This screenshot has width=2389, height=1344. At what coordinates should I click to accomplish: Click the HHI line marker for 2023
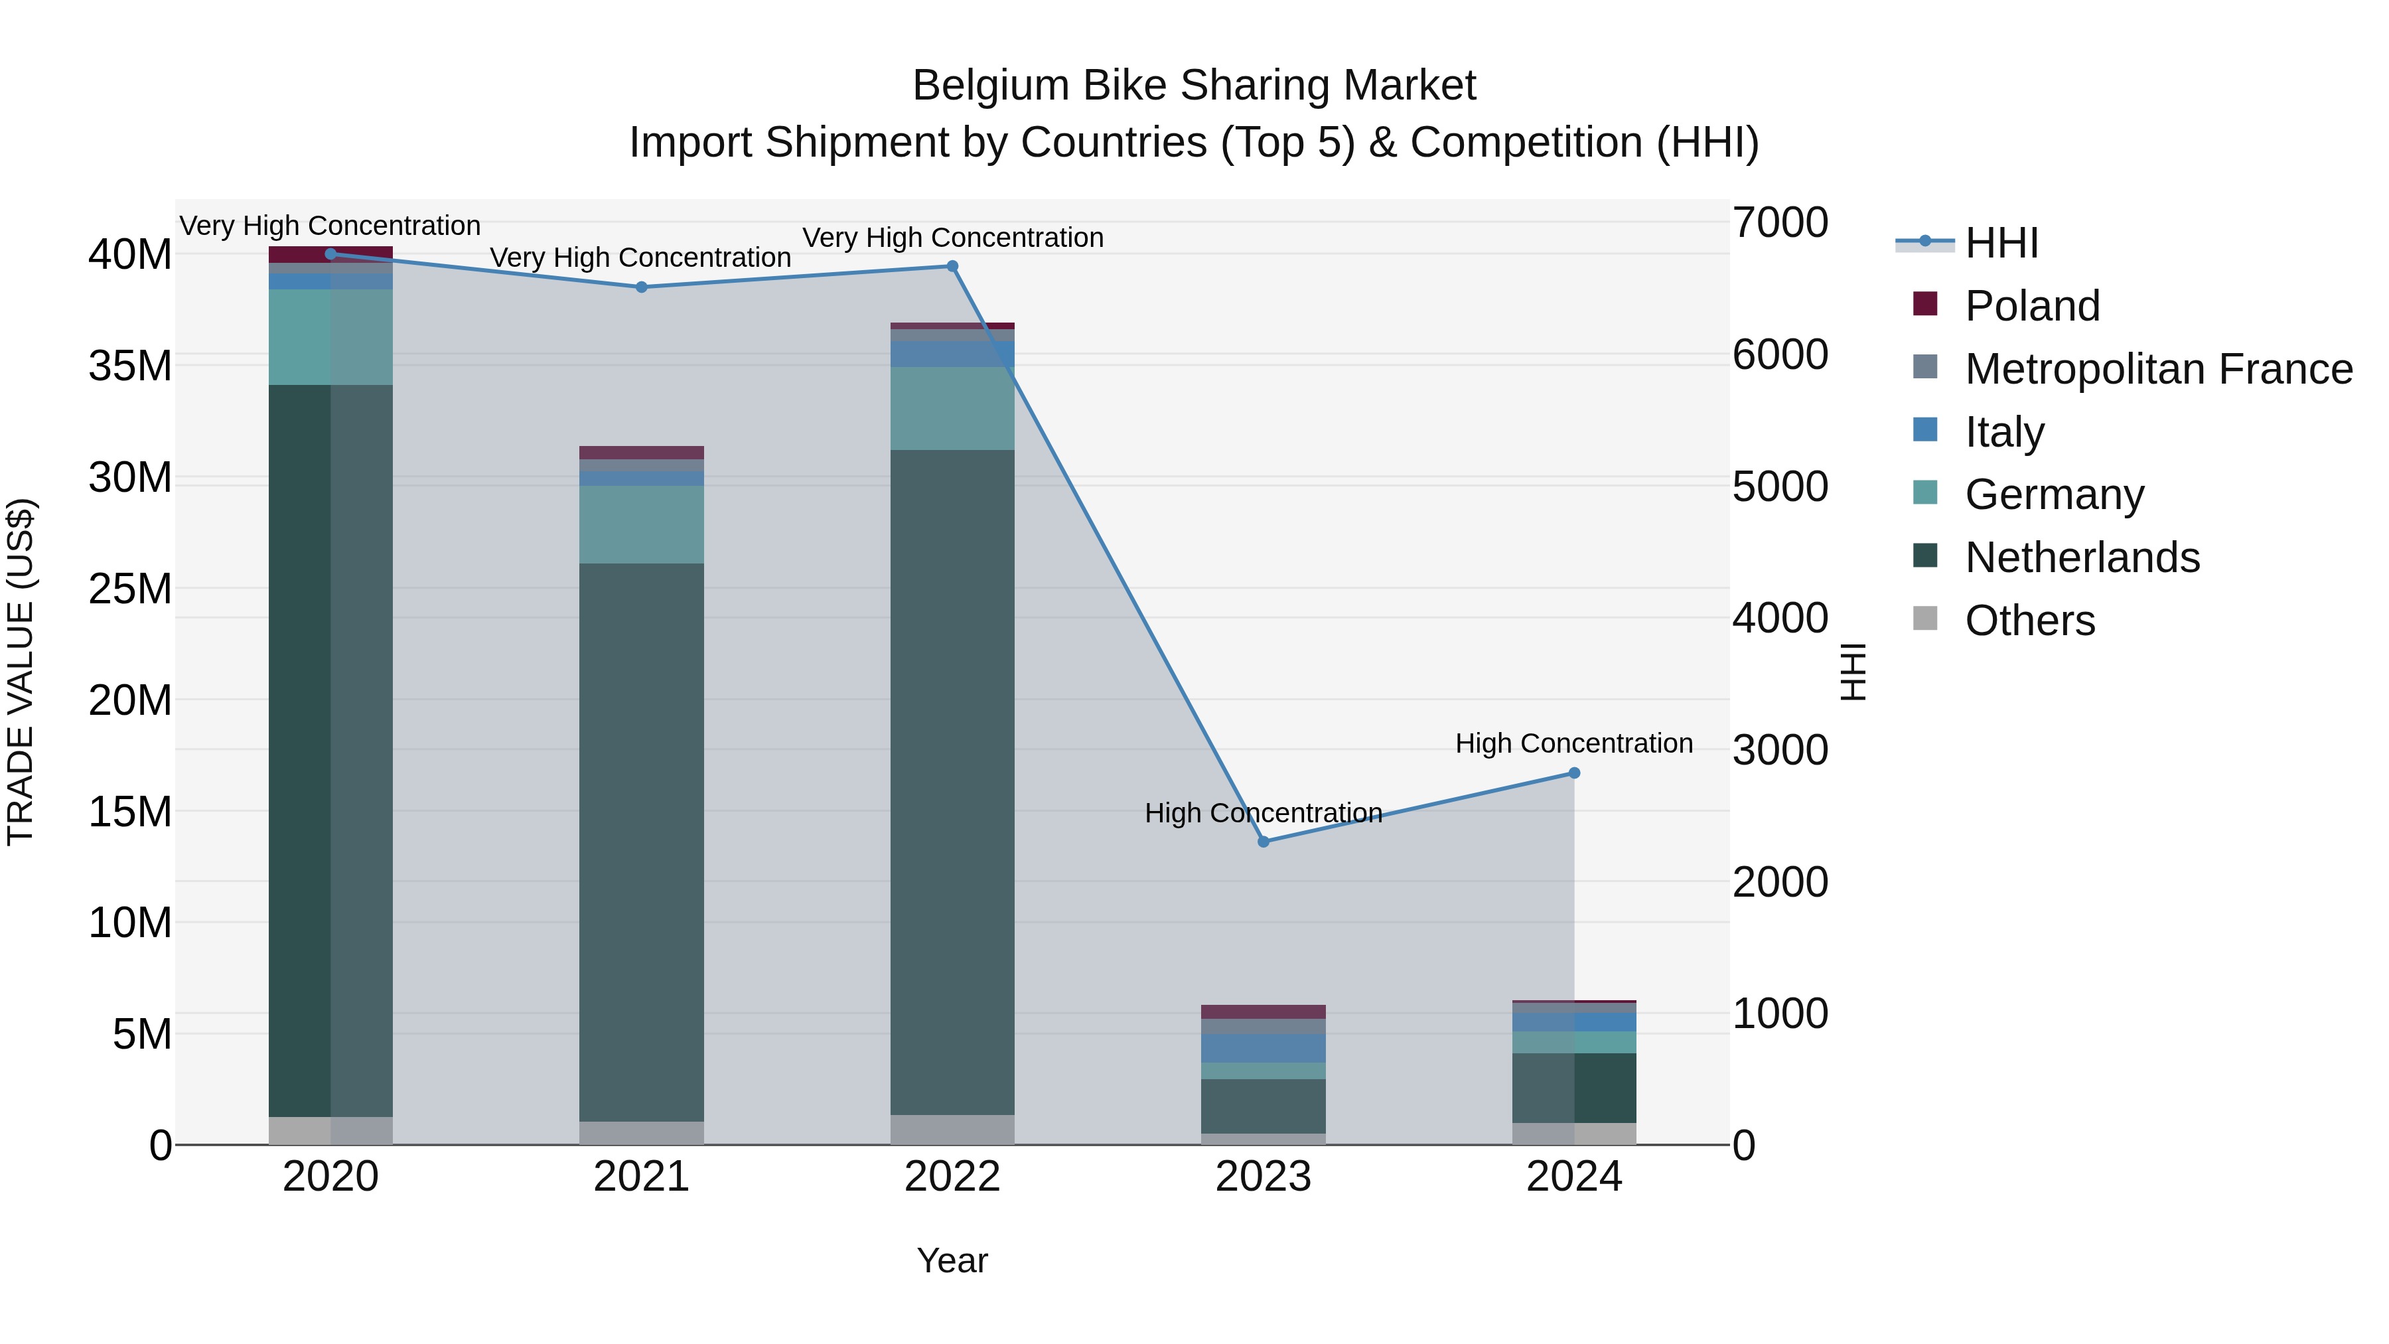tap(1263, 842)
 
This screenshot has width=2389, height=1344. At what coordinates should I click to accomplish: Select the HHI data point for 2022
tap(952, 266)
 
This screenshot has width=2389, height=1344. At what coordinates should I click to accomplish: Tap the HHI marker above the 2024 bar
tap(1574, 773)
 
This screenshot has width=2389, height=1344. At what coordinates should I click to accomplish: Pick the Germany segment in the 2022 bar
tap(952, 408)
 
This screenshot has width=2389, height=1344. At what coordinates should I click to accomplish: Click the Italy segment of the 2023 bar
tap(1263, 1048)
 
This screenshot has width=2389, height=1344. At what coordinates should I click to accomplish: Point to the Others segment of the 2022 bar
tap(952, 1129)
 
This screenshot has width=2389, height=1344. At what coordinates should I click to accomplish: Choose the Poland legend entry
tap(2031, 306)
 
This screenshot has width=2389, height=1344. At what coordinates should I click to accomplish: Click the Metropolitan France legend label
tap(2158, 369)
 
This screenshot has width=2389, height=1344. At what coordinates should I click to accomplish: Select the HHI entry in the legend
tap(2001, 243)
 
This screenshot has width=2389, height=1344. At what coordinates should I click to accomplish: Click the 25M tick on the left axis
tap(130, 589)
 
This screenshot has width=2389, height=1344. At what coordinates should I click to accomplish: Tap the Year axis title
tap(952, 1260)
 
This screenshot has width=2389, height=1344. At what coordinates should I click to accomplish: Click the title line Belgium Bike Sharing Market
tap(1194, 86)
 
